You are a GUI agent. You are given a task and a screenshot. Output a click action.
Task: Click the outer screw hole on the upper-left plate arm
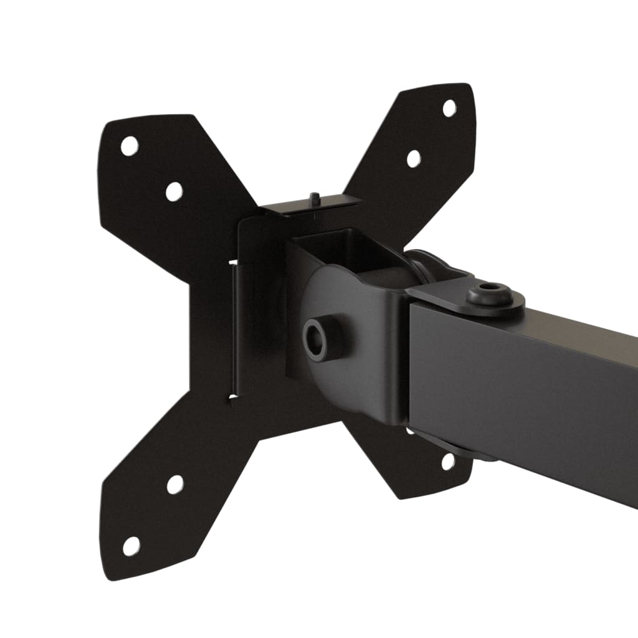pos(129,146)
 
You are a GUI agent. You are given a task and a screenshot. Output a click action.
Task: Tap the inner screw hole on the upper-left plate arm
pos(174,191)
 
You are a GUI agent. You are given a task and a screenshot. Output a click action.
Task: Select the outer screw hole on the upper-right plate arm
pos(449,108)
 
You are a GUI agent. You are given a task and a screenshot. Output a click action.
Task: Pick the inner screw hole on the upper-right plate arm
pos(414,158)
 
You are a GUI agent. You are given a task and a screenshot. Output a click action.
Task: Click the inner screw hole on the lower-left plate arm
pos(175,484)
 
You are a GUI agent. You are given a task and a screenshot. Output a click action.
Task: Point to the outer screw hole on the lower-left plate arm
pos(131,546)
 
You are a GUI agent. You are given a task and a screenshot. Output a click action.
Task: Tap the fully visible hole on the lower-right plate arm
pos(447,462)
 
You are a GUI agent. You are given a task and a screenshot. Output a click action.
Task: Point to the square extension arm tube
pos(530,386)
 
